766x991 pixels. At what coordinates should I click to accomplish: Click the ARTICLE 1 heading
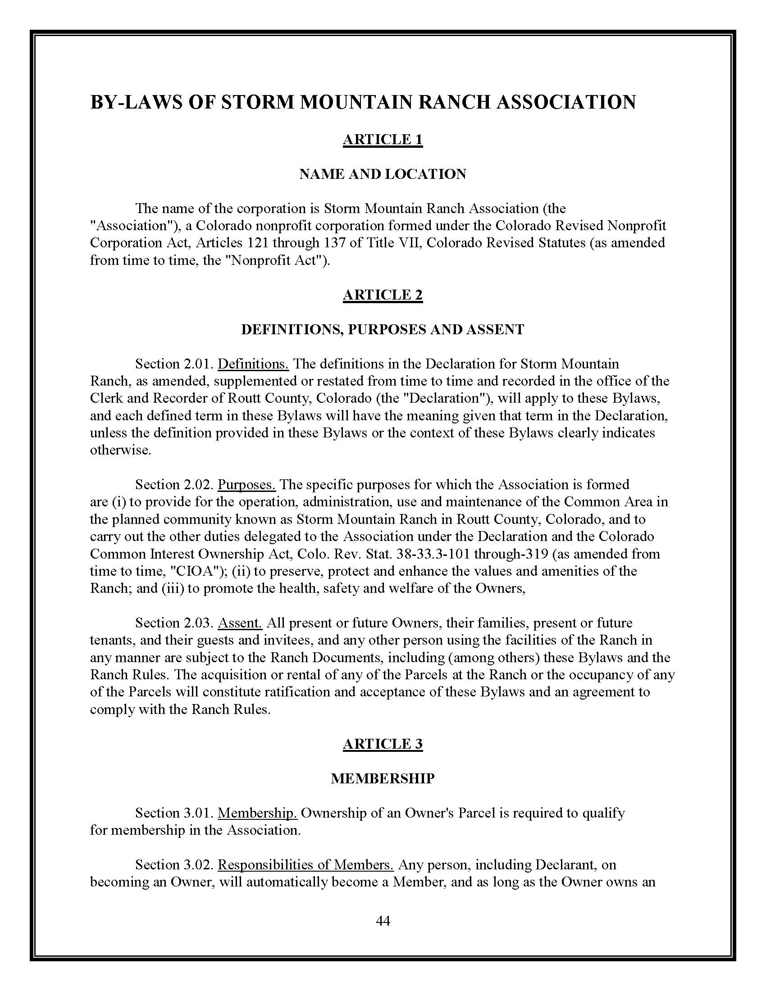click(383, 139)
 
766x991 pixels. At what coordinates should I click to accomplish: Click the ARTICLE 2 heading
click(383, 295)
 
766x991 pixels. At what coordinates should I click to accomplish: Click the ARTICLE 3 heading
click(383, 744)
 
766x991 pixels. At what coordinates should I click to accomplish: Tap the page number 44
click(383, 920)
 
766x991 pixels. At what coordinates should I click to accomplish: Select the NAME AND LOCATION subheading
click(383, 174)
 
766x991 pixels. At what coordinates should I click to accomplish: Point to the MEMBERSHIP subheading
click(383, 778)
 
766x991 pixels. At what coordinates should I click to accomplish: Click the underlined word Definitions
click(253, 364)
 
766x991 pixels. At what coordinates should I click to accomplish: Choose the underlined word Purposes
click(246, 485)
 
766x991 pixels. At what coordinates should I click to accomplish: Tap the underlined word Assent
click(240, 623)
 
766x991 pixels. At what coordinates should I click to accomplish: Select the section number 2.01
click(198, 364)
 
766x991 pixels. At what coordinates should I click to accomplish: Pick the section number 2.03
click(198, 623)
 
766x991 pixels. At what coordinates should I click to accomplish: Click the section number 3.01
click(198, 813)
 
